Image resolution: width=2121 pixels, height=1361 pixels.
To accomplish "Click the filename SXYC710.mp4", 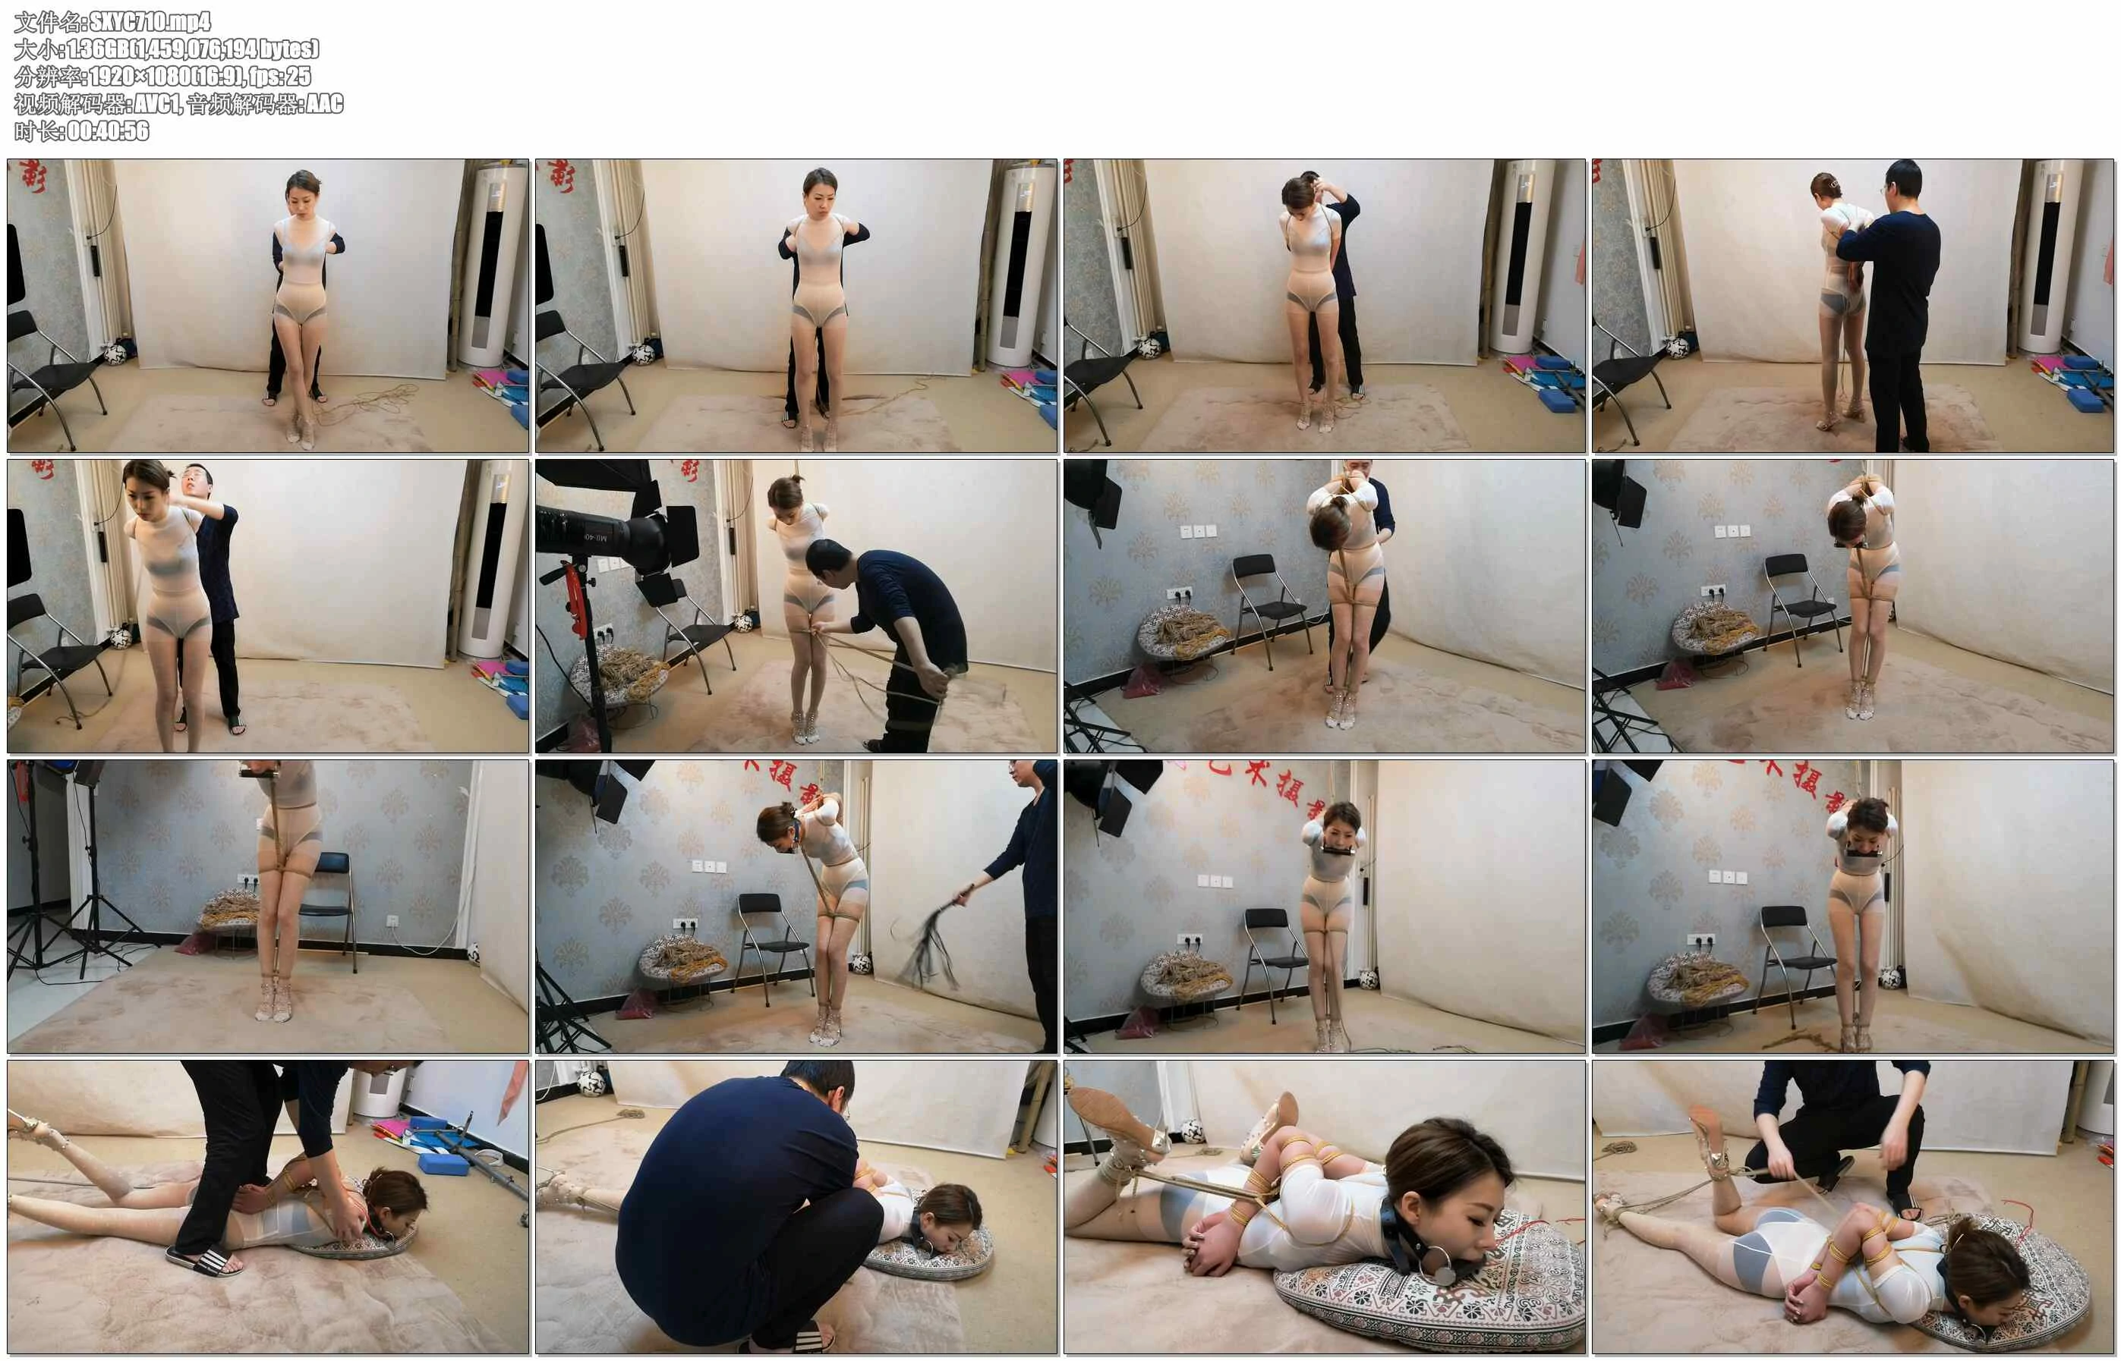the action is [x=150, y=21].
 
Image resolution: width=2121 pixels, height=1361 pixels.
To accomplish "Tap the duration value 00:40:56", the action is [x=108, y=130].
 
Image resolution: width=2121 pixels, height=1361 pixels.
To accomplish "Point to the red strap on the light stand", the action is [x=575, y=588].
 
